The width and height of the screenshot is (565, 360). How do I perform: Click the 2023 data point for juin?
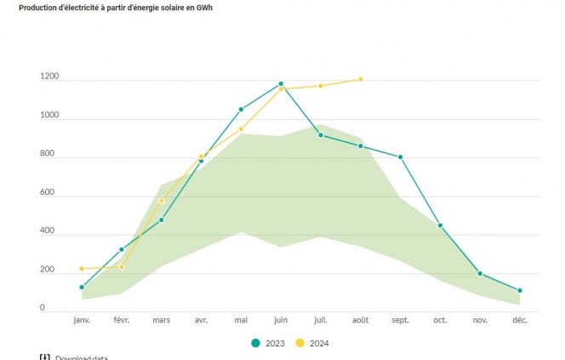pos(281,83)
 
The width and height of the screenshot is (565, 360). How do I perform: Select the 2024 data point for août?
pos(361,79)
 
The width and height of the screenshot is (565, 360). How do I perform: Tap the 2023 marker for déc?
pos(520,291)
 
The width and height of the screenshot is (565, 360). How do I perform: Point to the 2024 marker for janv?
pos(82,269)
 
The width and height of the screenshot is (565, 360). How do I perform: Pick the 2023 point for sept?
pos(401,157)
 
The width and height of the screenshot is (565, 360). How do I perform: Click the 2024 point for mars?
pos(162,201)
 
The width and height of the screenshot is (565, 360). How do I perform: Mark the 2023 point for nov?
pos(480,274)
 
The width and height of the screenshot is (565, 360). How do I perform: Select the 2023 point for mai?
pos(241,109)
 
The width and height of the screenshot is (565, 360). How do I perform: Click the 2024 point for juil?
pos(321,86)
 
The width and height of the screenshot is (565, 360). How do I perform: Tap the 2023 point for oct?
pos(440,226)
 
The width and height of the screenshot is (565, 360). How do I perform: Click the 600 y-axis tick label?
pos(48,193)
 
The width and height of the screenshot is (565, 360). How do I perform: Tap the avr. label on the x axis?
pos(202,321)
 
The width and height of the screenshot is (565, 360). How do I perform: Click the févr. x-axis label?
pos(122,321)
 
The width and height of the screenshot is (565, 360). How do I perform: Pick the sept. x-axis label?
pos(401,321)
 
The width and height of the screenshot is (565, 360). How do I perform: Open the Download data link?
pos(81,358)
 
